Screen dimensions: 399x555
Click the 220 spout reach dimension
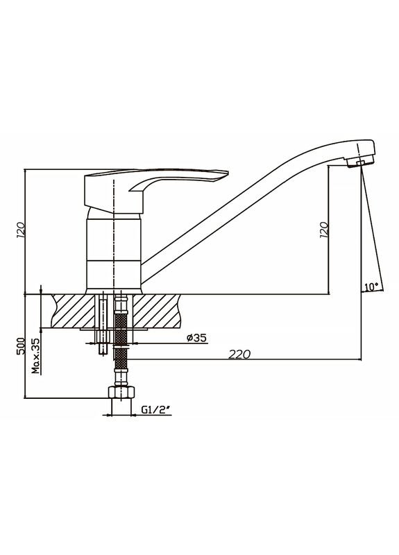[x=239, y=354]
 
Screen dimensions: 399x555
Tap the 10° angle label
[x=371, y=287]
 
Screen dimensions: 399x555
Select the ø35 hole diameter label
[x=196, y=338]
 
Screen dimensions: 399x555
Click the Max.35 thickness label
[x=36, y=355]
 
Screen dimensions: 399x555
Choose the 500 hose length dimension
[x=21, y=345]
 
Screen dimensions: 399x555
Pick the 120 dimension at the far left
[x=21, y=230]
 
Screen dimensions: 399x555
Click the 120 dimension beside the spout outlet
[x=323, y=230]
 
